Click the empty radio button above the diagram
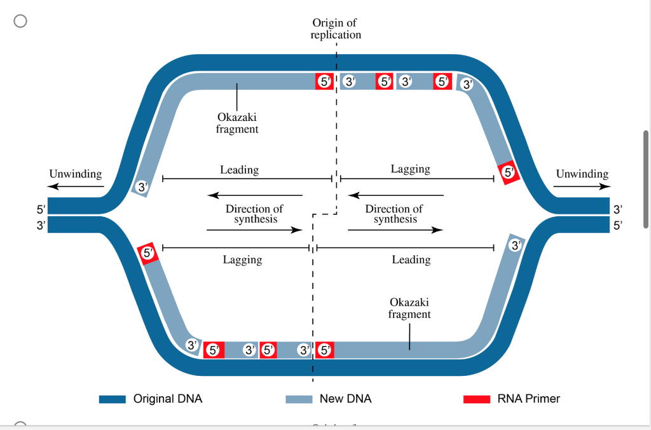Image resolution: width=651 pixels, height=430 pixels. (x=20, y=21)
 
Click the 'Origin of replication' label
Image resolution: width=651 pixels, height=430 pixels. (x=335, y=29)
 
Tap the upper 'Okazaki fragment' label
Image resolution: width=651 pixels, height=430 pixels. (x=236, y=123)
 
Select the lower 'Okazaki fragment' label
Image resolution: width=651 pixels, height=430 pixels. (x=409, y=308)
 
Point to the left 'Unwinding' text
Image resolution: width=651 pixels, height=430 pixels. (x=75, y=174)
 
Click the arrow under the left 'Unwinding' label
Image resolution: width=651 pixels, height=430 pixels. (x=75, y=186)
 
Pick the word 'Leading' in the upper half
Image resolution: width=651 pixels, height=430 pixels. (x=239, y=170)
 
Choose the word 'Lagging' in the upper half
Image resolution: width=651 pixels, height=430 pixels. (x=410, y=169)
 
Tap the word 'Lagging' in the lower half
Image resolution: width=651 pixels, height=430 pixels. (x=242, y=260)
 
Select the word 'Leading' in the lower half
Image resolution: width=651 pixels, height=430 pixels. (x=411, y=260)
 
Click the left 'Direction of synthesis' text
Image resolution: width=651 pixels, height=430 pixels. (x=254, y=214)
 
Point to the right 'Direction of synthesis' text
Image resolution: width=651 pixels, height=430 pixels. (x=394, y=214)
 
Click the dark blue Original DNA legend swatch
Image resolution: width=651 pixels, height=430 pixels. (x=113, y=399)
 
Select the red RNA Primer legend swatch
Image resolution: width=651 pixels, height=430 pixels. (x=476, y=399)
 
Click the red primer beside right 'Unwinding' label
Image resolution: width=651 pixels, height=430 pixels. (x=508, y=172)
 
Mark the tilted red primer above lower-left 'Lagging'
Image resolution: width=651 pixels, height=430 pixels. (x=147, y=253)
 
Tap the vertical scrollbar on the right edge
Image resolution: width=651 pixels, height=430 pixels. (x=646, y=179)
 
